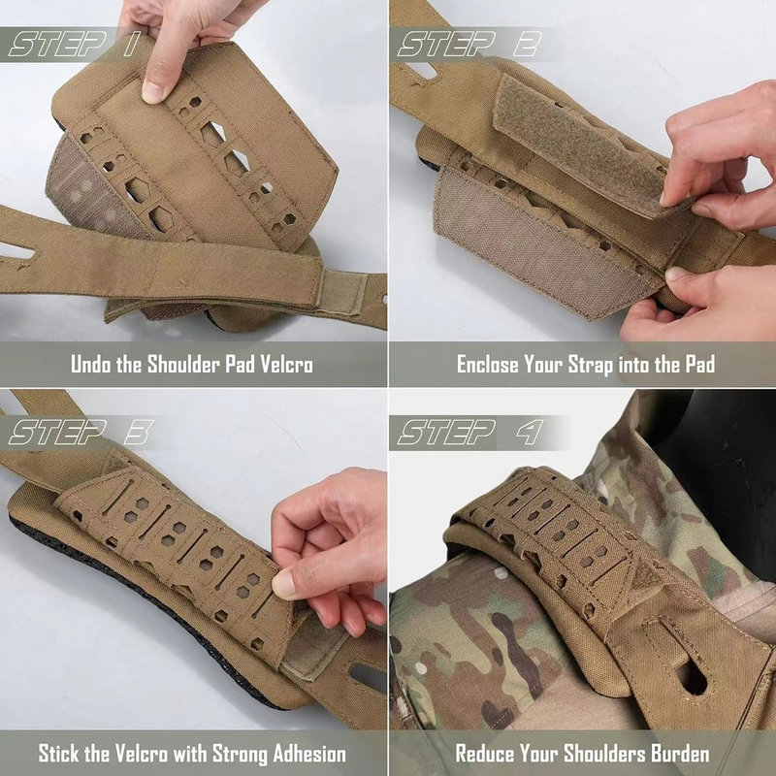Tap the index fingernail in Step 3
click(284, 583)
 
